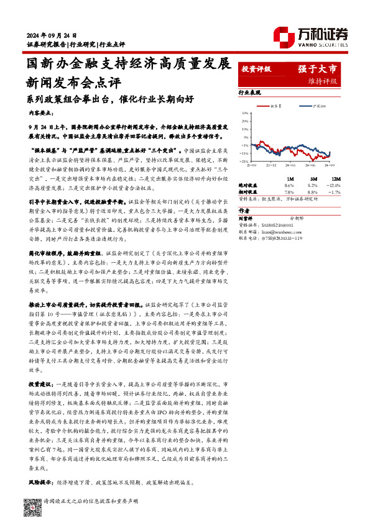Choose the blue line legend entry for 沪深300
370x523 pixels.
(x=309, y=107)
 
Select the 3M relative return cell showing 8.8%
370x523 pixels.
(x=313, y=192)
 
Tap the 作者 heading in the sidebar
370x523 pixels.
(x=245, y=211)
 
